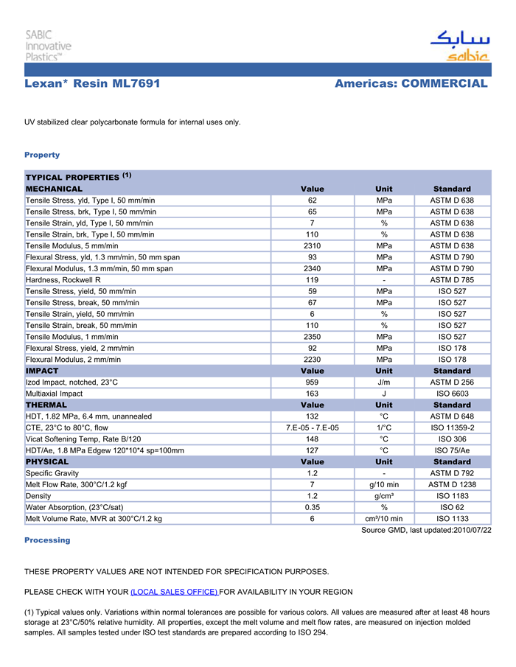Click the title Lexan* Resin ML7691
point(92,84)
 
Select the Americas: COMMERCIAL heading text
point(411,84)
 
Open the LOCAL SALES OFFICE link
point(174,592)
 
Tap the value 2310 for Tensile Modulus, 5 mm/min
point(312,245)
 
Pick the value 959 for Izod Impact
point(312,383)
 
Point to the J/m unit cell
point(383,383)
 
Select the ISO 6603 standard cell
point(452,394)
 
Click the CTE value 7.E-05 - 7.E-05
point(312,428)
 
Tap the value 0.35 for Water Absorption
point(312,508)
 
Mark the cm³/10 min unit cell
point(383,519)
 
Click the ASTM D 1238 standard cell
point(452,485)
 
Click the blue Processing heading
point(47,540)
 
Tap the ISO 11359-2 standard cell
point(452,428)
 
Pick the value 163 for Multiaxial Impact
point(312,394)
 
